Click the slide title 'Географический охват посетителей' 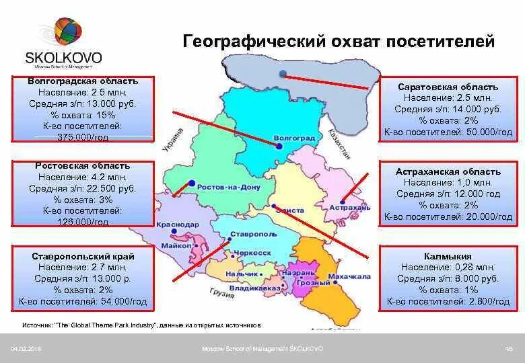[x=339, y=42]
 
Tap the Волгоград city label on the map [x=294, y=138]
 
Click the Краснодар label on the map [x=177, y=225]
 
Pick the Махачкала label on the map [x=350, y=276]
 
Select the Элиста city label [x=290, y=210]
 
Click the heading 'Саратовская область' [x=448, y=87]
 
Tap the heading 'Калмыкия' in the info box [x=448, y=256]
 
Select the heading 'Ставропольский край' [x=83, y=256]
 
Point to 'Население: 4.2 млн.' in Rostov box [x=82, y=177]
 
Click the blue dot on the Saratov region [x=283, y=73]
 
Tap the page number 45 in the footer [x=508, y=348]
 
